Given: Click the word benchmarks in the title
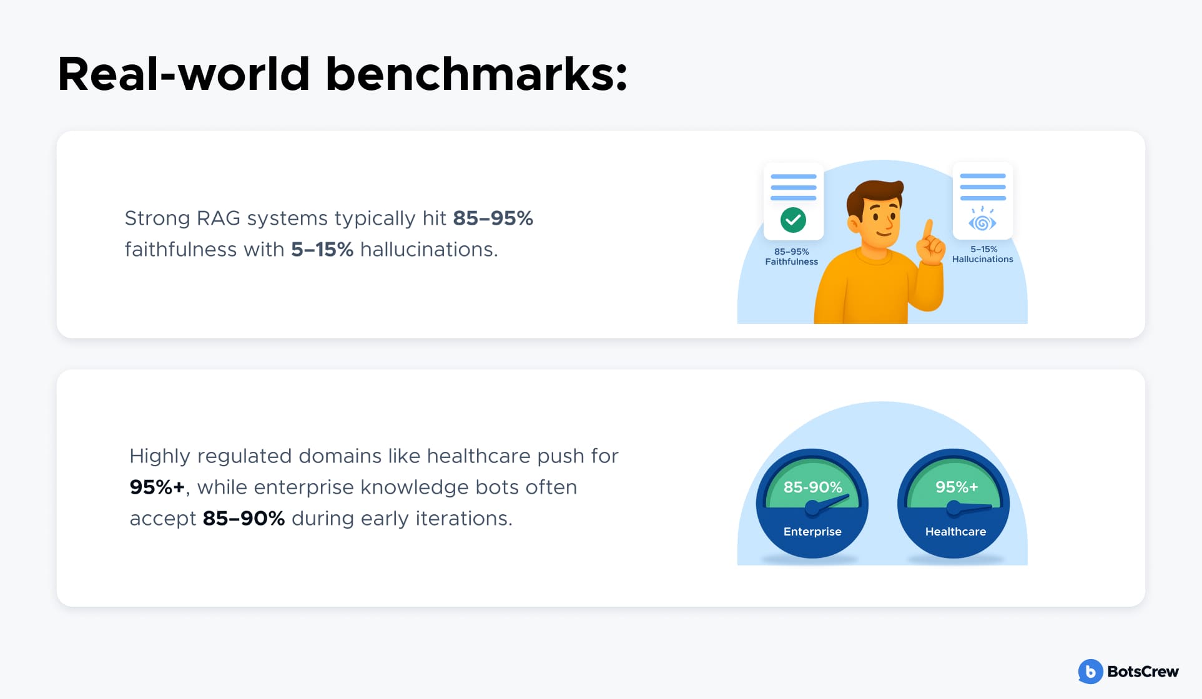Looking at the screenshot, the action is pyautogui.click(x=476, y=74).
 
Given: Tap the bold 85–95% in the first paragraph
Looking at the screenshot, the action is pyautogui.click(x=493, y=218).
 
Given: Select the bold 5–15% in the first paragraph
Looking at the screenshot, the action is pyautogui.click(x=322, y=250).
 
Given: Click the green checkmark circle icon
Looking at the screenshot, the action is pyautogui.click(x=793, y=220).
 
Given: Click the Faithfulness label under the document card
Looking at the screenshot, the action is pyautogui.click(x=791, y=262).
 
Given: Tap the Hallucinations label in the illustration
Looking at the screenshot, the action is pyautogui.click(x=982, y=259).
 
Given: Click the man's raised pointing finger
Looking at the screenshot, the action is pyautogui.click(x=928, y=230).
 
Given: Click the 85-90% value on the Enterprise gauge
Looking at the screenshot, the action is pyautogui.click(x=812, y=487).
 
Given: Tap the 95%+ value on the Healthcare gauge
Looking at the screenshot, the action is pyautogui.click(x=956, y=487).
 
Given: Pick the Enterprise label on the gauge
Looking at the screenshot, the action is pyautogui.click(x=812, y=531).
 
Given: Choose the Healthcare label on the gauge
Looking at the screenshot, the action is pyautogui.click(x=955, y=531).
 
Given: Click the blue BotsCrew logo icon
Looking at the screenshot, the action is pyautogui.click(x=1090, y=672).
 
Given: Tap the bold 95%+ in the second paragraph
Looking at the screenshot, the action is pyautogui.click(x=157, y=487).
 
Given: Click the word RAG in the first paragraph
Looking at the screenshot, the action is pyautogui.click(x=218, y=218).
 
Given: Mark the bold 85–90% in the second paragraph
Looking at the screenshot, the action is pyautogui.click(x=244, y=518).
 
